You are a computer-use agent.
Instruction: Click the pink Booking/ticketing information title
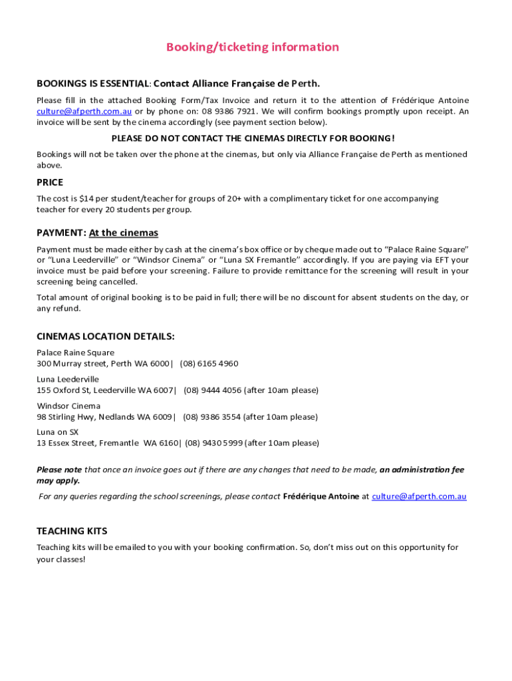[253, 47]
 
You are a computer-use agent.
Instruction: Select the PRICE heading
[50, 182]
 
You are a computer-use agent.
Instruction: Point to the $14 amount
[85, 199]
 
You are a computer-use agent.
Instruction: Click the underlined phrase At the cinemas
[124, 233]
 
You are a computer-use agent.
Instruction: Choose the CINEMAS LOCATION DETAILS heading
[106, 337]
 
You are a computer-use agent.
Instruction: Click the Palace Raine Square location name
[75, 352]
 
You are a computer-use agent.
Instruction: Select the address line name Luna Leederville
[68, 379]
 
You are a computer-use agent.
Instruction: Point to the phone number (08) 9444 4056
[213, 390]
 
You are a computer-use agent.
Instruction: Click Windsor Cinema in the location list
[68, 406]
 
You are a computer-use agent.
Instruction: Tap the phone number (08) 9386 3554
[212, 417]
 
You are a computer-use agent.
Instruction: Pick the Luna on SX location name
[57, 432]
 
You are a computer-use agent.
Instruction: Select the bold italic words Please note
[59, 470]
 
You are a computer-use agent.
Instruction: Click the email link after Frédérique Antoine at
[419, 496]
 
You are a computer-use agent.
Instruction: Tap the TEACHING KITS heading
[71, 531]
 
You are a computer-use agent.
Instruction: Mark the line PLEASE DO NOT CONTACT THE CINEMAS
[253, 138]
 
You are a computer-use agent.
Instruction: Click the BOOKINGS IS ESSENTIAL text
[92, 84]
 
